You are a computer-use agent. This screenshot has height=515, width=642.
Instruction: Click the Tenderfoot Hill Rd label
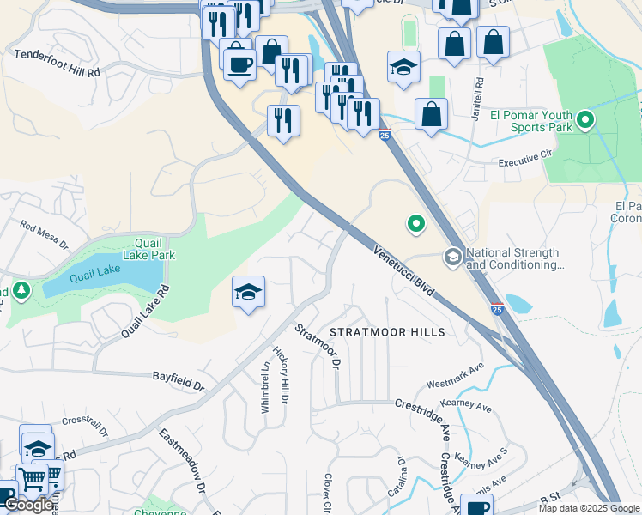point(58,64)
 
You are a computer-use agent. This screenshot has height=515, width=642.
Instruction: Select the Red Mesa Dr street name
point(44,237)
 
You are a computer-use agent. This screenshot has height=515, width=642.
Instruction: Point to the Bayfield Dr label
point(179,381)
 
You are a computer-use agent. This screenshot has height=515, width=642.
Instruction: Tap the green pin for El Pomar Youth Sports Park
point(585,119)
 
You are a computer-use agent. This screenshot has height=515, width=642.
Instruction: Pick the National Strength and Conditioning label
point(512,258)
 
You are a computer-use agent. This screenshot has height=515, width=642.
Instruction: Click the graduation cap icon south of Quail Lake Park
point(248,293)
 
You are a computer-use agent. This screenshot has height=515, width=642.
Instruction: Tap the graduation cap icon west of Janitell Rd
point(403,65)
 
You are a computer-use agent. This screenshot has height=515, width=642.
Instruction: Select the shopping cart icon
point(33,480)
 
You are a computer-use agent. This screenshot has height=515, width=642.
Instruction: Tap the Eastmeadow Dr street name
point(183,460)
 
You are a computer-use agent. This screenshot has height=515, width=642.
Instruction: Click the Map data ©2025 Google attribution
point(589,508)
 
